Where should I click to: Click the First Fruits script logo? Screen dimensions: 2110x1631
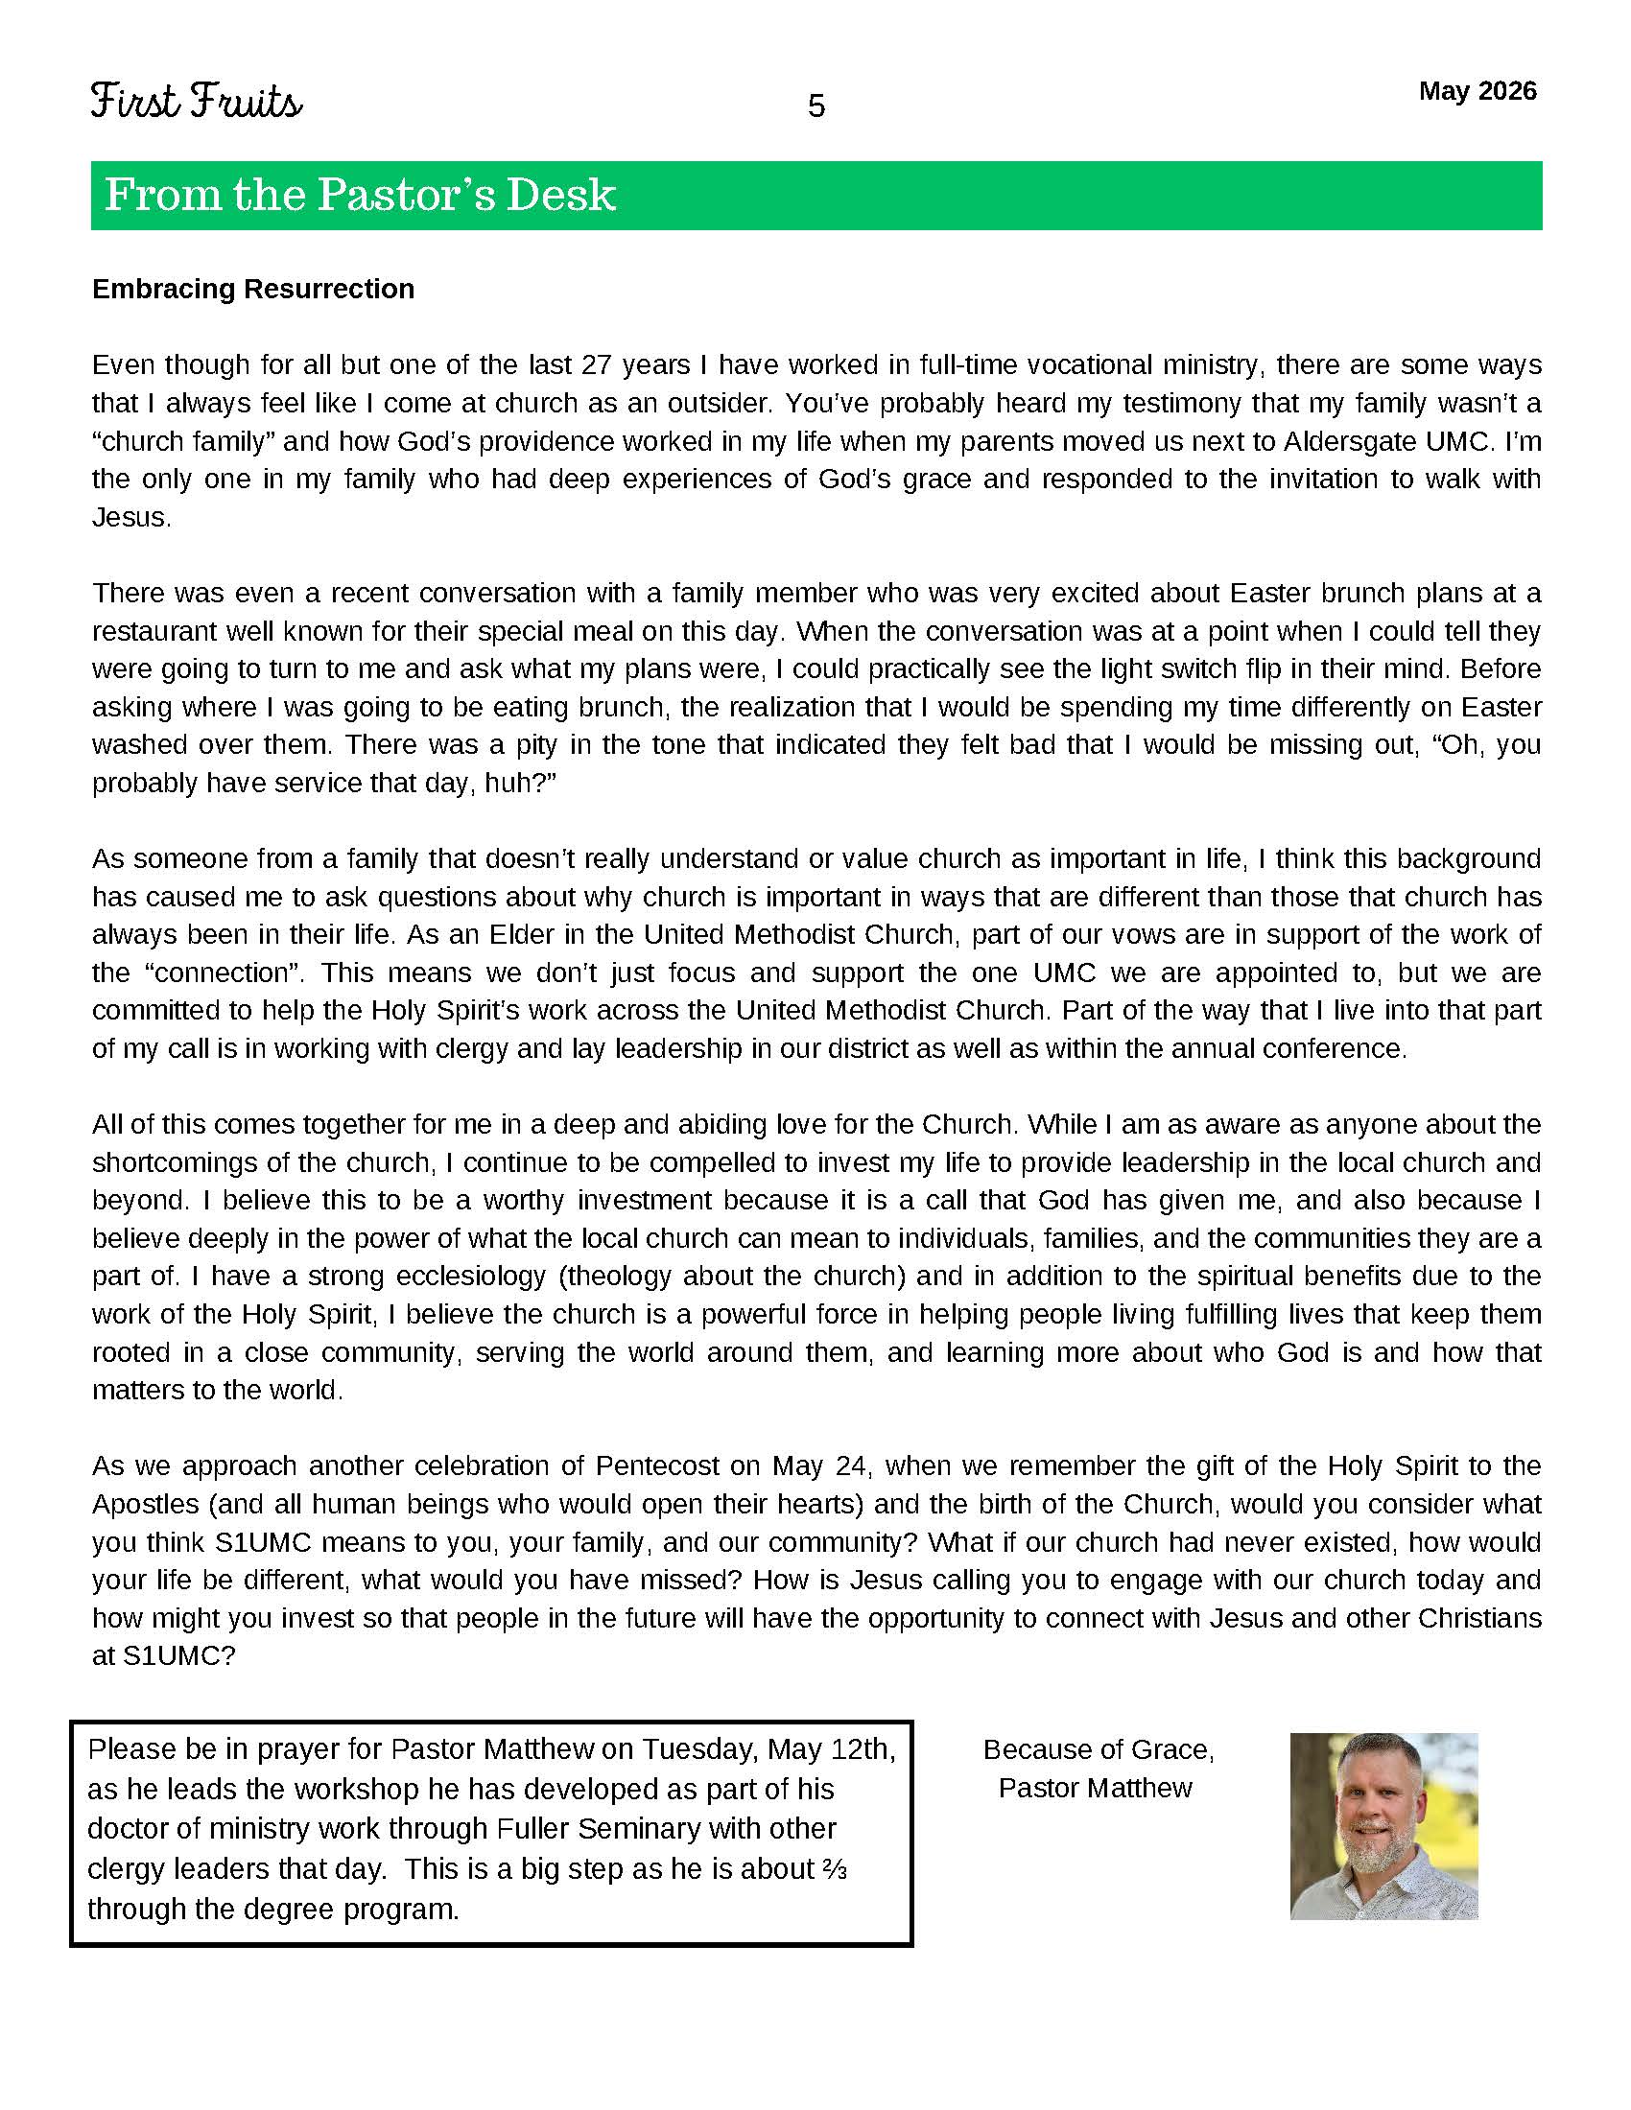tap(196, 102)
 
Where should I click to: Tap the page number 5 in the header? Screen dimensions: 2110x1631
tap(815, 106)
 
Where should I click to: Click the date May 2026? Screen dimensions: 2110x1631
tap(1477, 91)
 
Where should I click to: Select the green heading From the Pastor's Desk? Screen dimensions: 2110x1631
tap(360, 194)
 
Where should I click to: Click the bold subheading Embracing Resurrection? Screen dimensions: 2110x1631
tap(252, 289)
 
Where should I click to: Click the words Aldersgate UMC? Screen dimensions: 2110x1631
tap(1384, 441)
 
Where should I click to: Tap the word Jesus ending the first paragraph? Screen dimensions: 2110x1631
tap(130, 518)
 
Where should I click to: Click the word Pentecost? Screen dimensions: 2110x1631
tap(656, 1466)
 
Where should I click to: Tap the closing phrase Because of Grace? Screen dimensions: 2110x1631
tap(1098, 1749)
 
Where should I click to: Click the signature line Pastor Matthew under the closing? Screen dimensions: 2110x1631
tap(1095, 1789)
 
